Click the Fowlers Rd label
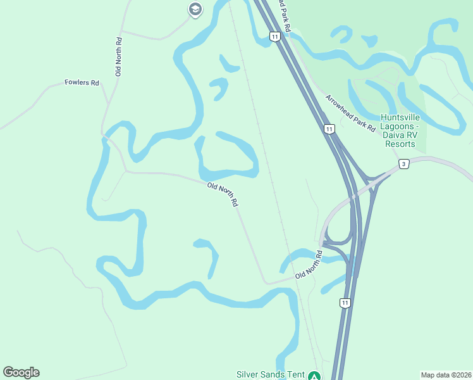(82, 83)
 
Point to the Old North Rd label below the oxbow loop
(223, 194)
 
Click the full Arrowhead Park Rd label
(351, 113)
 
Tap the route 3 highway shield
(404, 164)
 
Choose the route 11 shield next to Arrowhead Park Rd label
(328, 129)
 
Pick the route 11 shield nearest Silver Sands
(345, 303)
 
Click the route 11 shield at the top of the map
(274, 37)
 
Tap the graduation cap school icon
(195, 9)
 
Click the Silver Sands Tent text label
(270, 375)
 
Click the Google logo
(21, 372)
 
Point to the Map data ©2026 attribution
(446, 375)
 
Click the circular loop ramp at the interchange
(339, 234)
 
